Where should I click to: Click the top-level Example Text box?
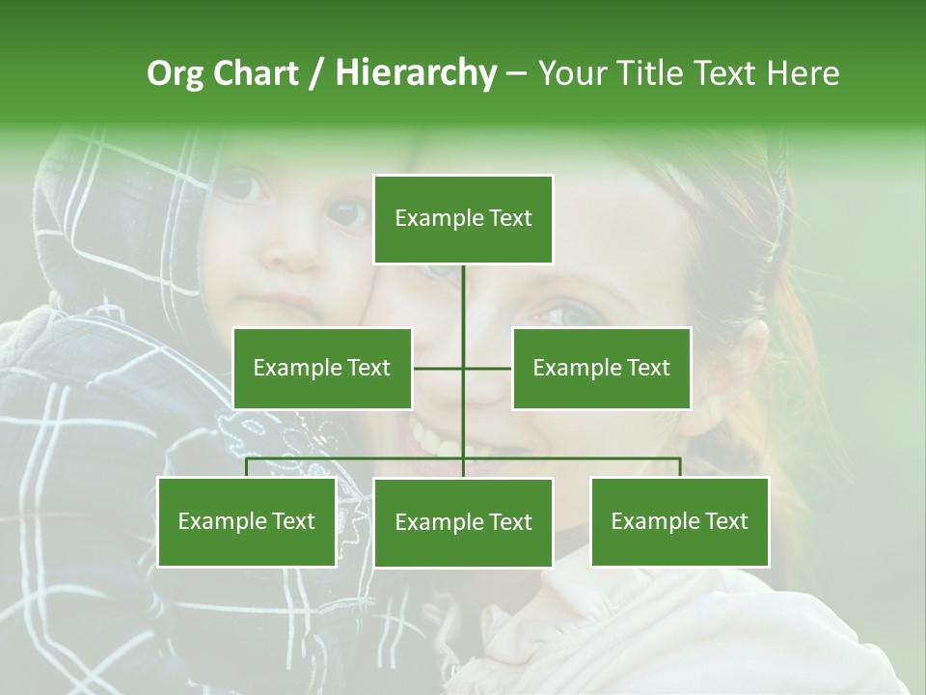(463, 219)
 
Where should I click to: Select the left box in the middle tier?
(322, 368)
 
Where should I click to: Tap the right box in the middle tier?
(601, 368)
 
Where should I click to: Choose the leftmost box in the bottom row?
(247, 522)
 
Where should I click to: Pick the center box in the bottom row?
(463, 522)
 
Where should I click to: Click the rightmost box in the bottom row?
(680, 522)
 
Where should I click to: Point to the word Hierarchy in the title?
(415, 73)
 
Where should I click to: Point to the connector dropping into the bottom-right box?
(680, 467)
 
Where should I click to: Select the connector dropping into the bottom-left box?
(247, 467)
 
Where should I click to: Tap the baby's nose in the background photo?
(294, 246)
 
